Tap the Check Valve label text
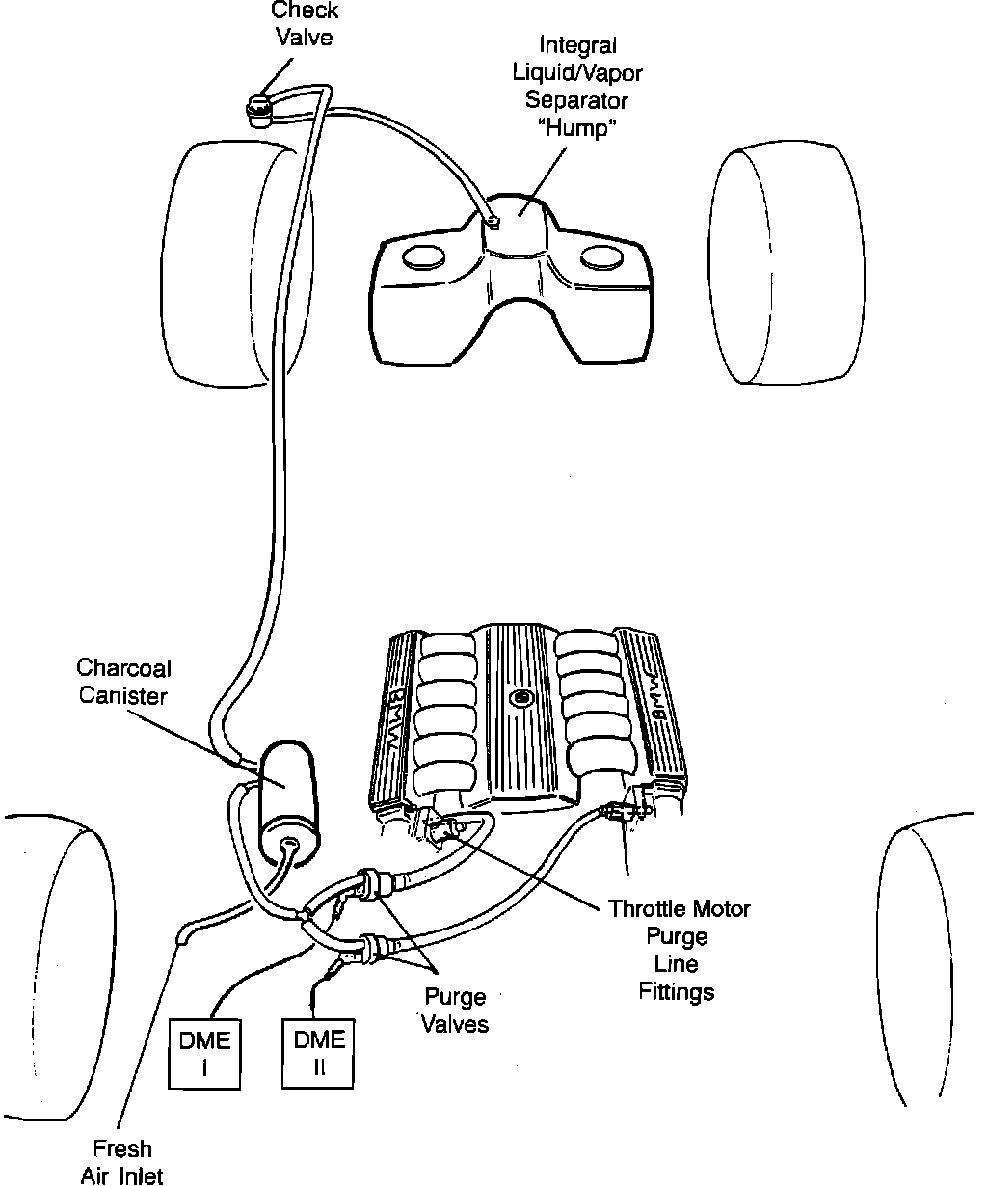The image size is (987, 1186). point(305,24)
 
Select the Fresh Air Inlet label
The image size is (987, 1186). point(122,1161)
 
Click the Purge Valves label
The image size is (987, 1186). point(453,1010)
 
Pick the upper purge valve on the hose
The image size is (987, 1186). point(365,882)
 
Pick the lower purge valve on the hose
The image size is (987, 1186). point(370,945)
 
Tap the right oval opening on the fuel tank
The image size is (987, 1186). point(601,257)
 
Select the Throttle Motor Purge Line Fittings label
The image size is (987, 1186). point(678,950)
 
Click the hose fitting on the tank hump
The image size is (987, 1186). point(492,222)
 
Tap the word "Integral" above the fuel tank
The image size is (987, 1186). point(577,45)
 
